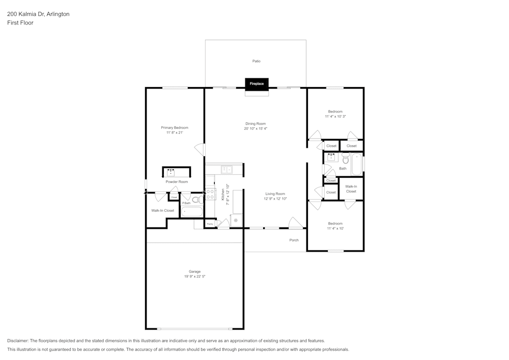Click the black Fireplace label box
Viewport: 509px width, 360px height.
[257, 84]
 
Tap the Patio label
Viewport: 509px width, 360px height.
[257, 61]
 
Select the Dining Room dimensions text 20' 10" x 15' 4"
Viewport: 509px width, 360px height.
[256, 129]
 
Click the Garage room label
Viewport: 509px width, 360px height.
[194, 271]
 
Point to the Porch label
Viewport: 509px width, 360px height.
[294, 240]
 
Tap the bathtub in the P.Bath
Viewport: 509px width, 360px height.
[192, 211]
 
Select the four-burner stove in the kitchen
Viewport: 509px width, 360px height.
[210, 194]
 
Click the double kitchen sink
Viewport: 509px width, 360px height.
[227, 169]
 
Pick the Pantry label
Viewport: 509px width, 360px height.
[210, 224]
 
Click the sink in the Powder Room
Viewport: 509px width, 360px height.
[171, 173]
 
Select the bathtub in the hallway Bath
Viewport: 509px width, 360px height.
[357, 164]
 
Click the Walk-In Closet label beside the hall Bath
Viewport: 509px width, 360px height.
[351, 188]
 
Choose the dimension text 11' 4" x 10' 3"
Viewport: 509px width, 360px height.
[335, 117]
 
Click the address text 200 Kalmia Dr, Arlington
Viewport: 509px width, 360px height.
[38, 14]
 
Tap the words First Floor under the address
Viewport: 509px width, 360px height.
[20, 23]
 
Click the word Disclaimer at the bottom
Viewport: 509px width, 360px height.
[18, 341]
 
